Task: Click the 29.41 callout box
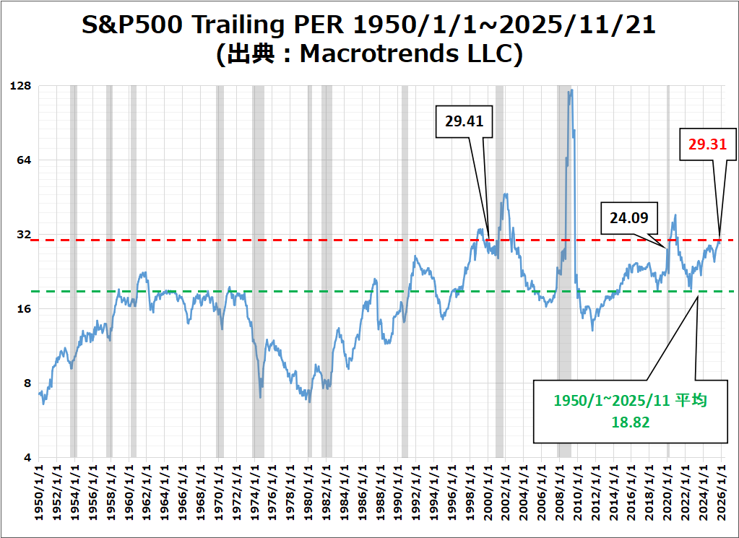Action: pos(464,121)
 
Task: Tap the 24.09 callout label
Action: pos(628,217)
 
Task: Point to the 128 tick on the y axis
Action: pos(22,86)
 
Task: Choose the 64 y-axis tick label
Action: pos(25,160)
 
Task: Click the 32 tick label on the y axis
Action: pos(25,235)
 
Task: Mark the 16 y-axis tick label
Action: pos(25,309)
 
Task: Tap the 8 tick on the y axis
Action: pos(28,383)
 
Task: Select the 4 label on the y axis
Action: pos(28,458)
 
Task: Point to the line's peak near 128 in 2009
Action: pos(571,90)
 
